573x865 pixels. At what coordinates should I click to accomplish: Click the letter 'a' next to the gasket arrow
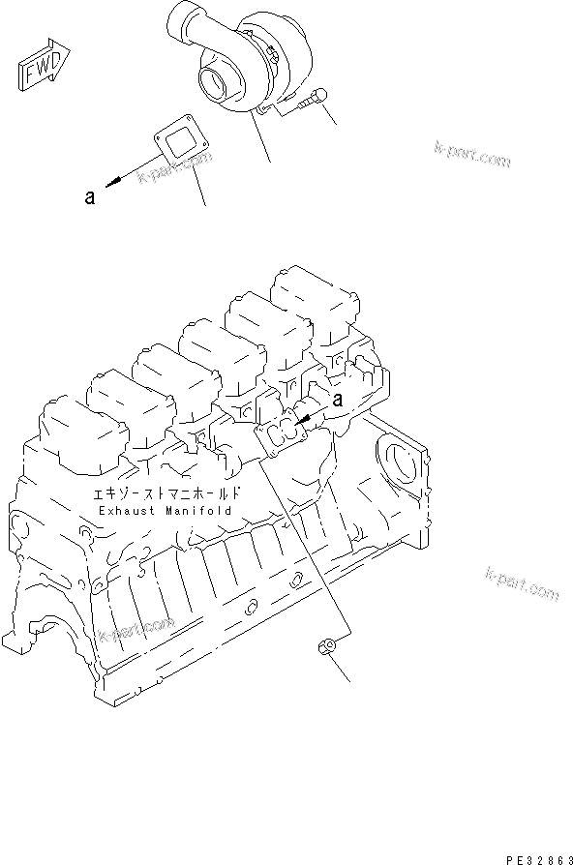point(89,197)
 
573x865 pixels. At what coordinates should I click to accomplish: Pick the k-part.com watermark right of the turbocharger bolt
point(471,155)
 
